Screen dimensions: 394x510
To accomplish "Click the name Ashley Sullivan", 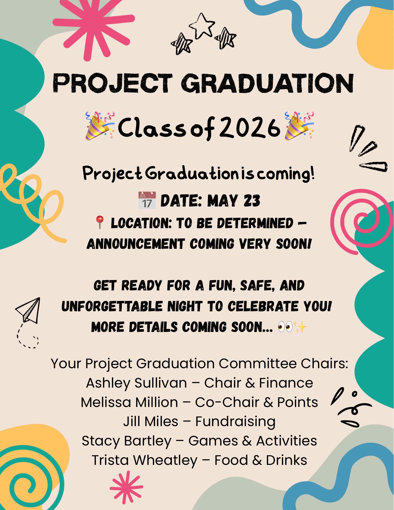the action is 136,383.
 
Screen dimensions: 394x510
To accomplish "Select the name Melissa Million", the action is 129,402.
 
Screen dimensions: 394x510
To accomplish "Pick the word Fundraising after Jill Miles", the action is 235,421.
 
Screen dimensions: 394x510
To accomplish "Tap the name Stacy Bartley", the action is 126,441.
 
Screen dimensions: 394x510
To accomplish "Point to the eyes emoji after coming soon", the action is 285,327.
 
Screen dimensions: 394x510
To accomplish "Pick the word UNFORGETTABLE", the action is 112,306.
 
